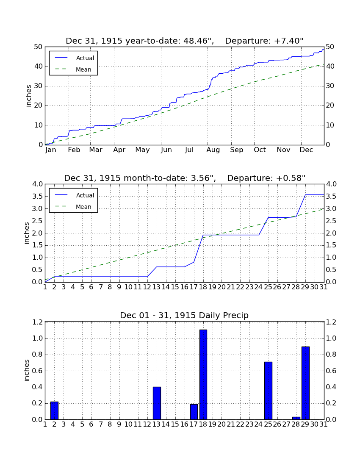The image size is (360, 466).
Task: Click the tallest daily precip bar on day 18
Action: pos(203,374)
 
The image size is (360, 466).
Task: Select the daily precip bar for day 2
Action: pos(54,411)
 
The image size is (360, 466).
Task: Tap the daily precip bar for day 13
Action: pos(157,403)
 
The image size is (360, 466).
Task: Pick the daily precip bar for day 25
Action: pos(268,391)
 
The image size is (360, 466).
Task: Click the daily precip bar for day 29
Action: pos(305,383)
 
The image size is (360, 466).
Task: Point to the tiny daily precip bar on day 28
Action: pos(296,418)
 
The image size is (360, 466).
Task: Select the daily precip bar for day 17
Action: pos(194,412)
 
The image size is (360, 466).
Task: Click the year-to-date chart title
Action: pos(185,41)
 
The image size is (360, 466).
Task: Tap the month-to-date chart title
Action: pos(185,178)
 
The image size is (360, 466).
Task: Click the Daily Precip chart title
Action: pos(184,315)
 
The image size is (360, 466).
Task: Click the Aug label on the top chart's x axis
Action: pos(213,150)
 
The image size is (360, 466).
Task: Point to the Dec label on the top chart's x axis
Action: pos(306,150)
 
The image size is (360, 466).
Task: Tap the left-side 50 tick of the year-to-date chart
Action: pos(39,47)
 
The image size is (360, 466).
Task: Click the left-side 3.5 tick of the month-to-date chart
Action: pos(37,197)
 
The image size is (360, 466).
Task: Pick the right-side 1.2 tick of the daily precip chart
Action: pos(331,322)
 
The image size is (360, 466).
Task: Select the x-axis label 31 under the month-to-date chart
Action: pos(324,287)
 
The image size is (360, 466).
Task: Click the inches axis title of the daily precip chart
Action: pos(27,370)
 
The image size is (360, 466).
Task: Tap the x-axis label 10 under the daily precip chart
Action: pos(128,424)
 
